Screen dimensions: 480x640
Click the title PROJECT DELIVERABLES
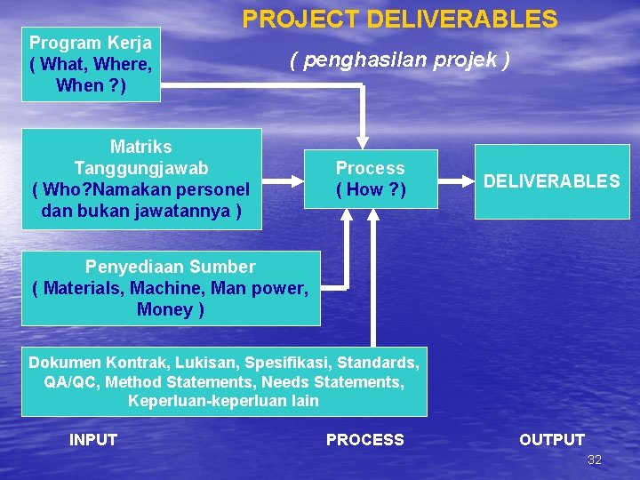(400, 20)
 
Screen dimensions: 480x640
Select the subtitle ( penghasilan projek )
(400, 60)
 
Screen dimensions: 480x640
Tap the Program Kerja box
(91, 64)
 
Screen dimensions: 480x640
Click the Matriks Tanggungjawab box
(141, 179)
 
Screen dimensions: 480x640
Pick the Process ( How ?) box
(371, 179)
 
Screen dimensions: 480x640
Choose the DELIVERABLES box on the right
(551, 181)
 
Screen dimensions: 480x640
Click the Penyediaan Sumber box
(170, 288)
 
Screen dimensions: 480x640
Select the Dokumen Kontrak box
(224, 381)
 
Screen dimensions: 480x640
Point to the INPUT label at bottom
(93, 439)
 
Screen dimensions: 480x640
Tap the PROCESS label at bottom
(364, 439)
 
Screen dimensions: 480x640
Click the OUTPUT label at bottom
(552, 439)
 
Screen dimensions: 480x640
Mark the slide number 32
(595, 460)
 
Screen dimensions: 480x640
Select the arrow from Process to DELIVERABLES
(456, 180)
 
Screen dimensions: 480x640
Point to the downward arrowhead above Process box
(362, 140)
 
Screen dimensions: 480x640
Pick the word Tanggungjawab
(141, 168)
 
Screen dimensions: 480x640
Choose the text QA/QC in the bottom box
(68, 381)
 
